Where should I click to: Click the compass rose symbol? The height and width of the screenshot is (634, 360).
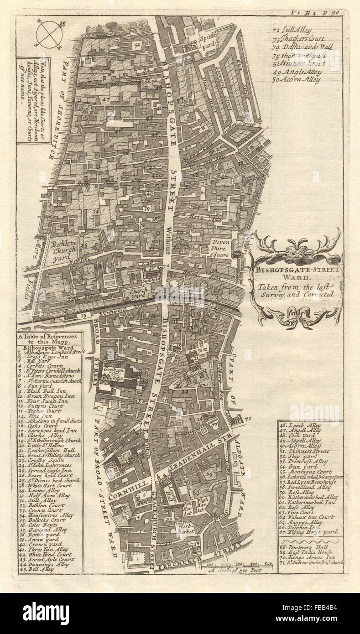49,35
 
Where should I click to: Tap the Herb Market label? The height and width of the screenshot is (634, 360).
187,529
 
